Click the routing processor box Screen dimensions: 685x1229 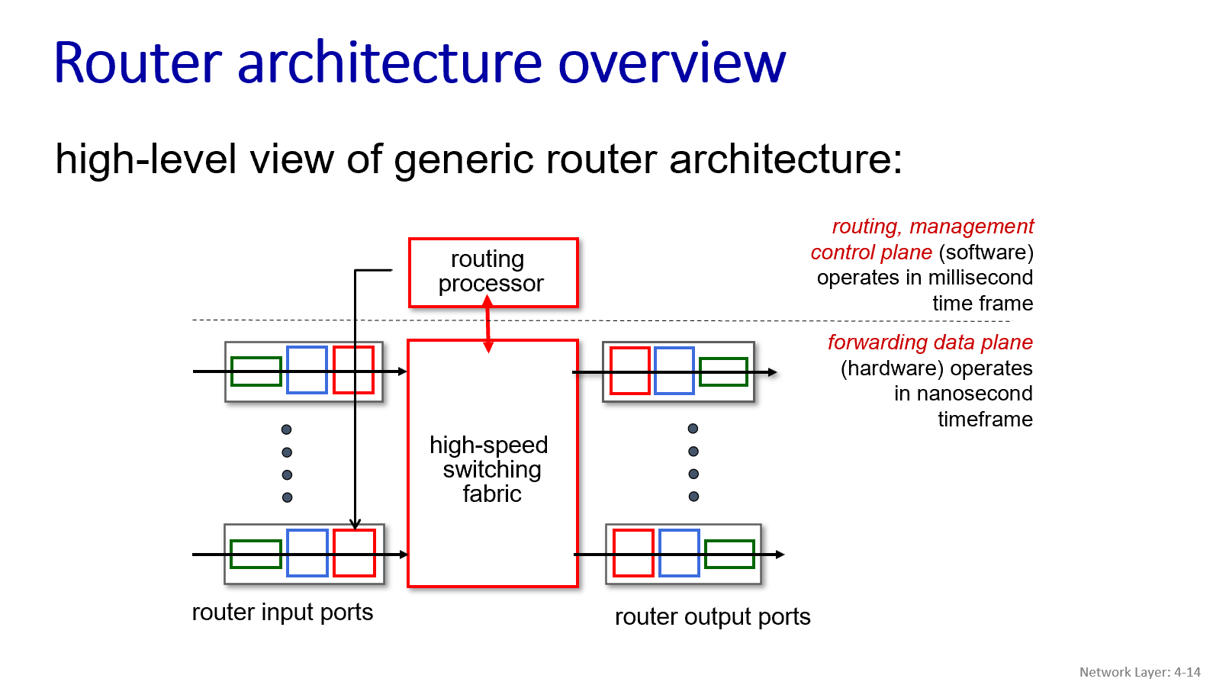(x=493, y=272)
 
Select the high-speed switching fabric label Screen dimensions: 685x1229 (x=490, y=469)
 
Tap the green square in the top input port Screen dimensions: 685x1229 (x=256, y=371)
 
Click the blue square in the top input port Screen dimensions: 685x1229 (x=307, y=370)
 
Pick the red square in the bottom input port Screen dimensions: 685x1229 (x=354, y=553)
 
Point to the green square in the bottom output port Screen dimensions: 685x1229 (x=729, y=555)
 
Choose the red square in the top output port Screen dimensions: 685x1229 (x=630, y=371)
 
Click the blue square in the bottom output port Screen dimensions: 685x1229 (x=679, y=553)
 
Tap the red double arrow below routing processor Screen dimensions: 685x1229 (x=488, y=324)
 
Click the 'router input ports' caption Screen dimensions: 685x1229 (x=282, y=613)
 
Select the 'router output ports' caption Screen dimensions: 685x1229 (x=713, y=617)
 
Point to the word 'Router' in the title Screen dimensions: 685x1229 (x=138, y=63)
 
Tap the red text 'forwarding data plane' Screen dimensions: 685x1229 (x=930, y=342)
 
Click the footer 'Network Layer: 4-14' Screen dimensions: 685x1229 (x=1140, y=672)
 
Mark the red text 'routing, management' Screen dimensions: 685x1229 (x=932, y=227)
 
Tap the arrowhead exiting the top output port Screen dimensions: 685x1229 (x=773, y=372)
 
